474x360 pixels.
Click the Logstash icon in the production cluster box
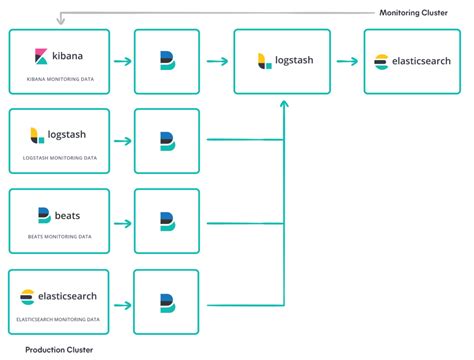[x=37, y=134]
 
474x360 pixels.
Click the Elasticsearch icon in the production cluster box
[x=28, y=295]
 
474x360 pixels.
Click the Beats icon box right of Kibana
[x=167, y=62]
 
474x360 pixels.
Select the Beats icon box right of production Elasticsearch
[x=167, y=301]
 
